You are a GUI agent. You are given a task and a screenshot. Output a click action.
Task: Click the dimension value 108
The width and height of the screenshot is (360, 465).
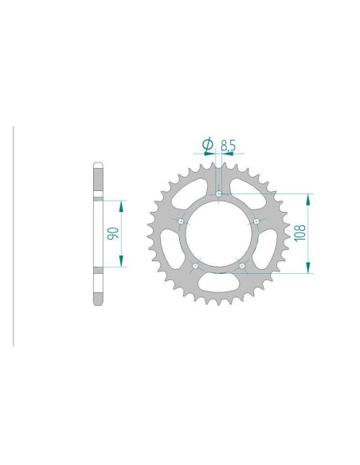click(x=302, y=232)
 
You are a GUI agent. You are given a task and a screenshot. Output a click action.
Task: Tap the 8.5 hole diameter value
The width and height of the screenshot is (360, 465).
click(x=228, y=145)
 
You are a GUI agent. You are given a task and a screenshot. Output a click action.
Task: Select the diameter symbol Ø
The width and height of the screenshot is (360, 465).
click(x=208, y=144)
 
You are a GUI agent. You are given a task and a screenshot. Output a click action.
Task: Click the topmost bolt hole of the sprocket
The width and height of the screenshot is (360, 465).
click(x=219, y=193)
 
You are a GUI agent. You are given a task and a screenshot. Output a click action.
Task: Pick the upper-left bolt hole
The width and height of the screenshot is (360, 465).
click(x=182, y=221)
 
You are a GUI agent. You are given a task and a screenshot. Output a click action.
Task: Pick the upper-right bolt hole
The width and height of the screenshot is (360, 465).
click(x=256, y=221)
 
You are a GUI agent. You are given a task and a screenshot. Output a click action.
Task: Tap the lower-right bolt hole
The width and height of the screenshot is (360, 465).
click(x=242, y=265)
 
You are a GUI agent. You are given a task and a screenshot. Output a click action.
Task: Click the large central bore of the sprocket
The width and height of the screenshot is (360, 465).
click(x=219, y=233)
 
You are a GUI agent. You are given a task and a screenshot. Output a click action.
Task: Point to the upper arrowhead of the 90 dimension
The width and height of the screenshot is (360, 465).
click(x=121, y=205)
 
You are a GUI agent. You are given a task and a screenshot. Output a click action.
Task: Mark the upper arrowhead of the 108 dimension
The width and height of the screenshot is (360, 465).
click(x=310, y=197)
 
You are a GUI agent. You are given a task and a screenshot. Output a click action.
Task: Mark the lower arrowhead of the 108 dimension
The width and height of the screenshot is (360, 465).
click(x=310, y=268)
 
